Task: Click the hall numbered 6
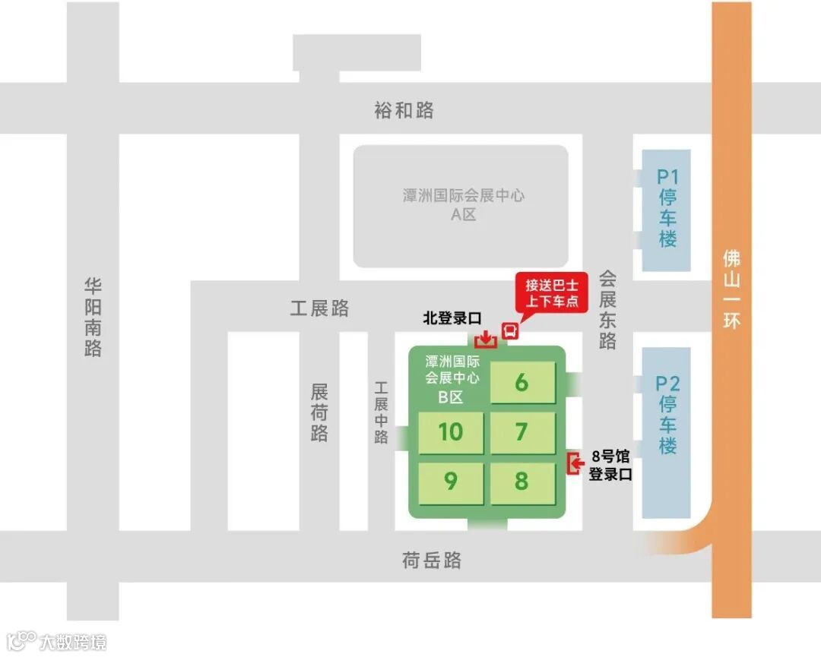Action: [x=522, y=382]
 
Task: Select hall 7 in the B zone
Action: [x=522, y=431]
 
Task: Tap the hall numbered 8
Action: [x=522, y=481]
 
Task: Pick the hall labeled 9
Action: [x=451, y=481]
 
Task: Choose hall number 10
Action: [x=451, y=431]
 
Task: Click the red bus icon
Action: [x=509, y=330]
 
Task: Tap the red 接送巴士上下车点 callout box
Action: [x=552, y=292]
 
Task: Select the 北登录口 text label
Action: [x=453, y=319]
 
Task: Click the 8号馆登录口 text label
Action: [x=610, y=466]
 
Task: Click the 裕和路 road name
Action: [x=404, y=110]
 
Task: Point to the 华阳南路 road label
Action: [x=93, y=316]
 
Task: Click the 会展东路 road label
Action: [x=607, y=309]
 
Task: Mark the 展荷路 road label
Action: [x=319, y=412]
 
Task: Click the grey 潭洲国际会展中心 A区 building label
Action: [x=463, y=204]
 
